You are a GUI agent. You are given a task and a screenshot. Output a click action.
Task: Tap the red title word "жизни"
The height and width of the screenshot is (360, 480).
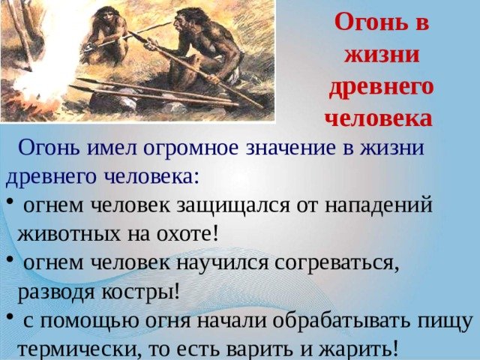coord(382,55)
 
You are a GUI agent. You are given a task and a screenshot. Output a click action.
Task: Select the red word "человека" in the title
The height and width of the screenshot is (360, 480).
coord(379,118)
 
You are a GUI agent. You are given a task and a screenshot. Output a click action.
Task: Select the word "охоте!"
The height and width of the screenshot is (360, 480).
coord(187,234)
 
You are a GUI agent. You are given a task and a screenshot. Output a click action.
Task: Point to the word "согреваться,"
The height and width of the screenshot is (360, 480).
coord(337,263)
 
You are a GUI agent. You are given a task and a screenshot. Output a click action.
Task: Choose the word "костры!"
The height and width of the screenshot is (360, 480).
coord(140,292)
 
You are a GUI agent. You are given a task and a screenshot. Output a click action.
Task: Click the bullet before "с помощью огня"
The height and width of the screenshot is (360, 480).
coord(10,316)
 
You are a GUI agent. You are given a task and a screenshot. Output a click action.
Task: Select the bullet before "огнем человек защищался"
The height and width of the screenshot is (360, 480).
coord(10,201)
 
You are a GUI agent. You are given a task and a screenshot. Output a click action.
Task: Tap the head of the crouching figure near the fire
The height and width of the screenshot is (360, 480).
coord(105,16)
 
